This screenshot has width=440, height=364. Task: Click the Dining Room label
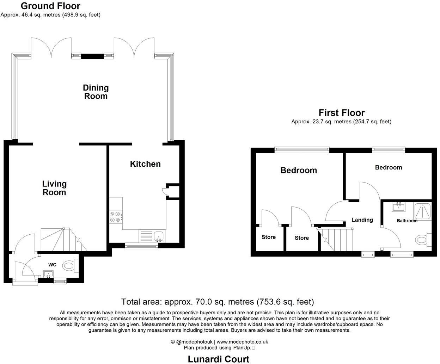96,92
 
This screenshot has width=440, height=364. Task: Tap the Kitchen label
145,164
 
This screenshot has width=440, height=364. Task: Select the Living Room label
54,188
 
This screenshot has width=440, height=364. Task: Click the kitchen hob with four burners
116,216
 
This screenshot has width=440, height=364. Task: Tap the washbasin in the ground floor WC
48,273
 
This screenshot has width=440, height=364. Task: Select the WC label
53,265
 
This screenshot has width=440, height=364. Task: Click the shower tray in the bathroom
422,211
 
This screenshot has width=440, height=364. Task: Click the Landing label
362,220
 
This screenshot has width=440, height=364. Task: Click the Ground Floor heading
50,6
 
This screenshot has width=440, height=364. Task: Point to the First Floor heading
341,113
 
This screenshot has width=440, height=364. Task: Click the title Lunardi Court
218,359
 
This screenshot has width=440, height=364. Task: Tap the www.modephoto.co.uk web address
242,342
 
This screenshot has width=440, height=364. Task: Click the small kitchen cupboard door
165,191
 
